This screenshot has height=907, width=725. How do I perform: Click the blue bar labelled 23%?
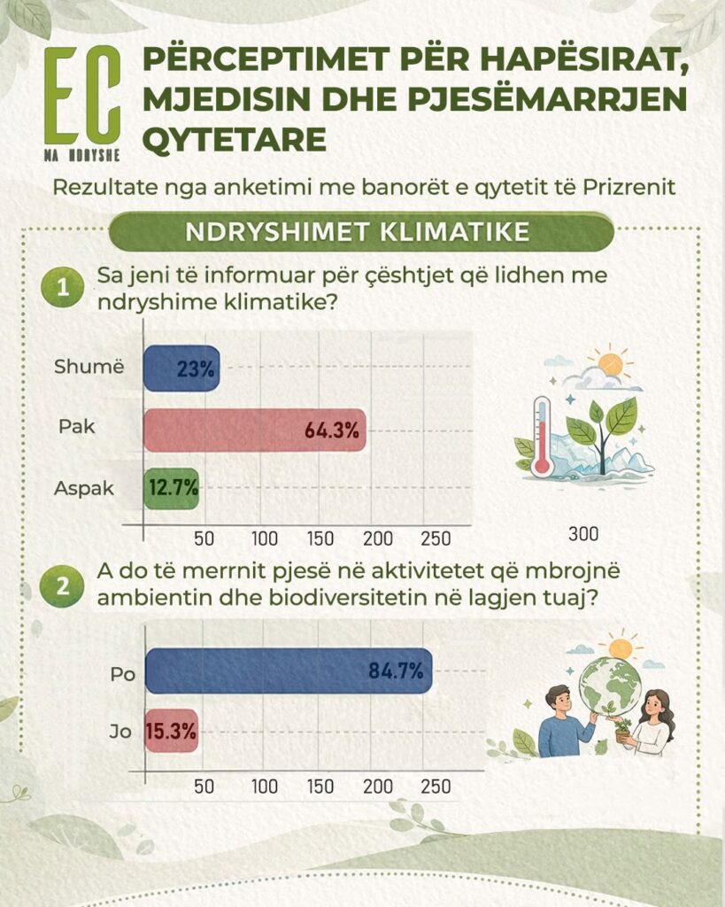(181, 368)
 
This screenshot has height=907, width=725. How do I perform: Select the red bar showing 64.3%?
(254, 430)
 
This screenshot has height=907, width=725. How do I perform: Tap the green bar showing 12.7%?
(171, 488)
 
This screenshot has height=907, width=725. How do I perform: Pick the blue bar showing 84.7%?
(289, 671)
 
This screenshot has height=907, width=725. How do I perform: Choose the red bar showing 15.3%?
(171, 731)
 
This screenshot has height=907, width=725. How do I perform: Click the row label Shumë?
(89, 367)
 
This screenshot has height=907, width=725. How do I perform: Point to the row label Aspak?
(84, 489)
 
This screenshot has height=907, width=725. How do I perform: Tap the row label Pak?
(76, 427)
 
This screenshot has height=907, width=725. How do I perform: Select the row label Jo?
(120, 732)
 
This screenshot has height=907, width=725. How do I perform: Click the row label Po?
(122, 674)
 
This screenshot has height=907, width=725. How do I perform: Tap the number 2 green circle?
(62, 585)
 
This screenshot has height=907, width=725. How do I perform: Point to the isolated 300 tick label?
(582, 533)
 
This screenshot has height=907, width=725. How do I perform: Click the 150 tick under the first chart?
(320, 539)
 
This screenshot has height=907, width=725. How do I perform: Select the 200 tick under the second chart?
(377, 787)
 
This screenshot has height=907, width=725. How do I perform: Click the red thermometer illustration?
(542, 436)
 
